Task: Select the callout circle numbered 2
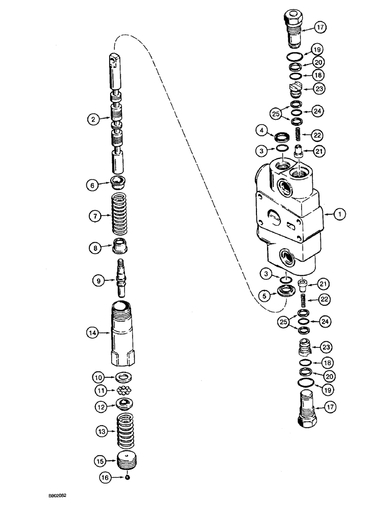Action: click(x=92, y=120)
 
